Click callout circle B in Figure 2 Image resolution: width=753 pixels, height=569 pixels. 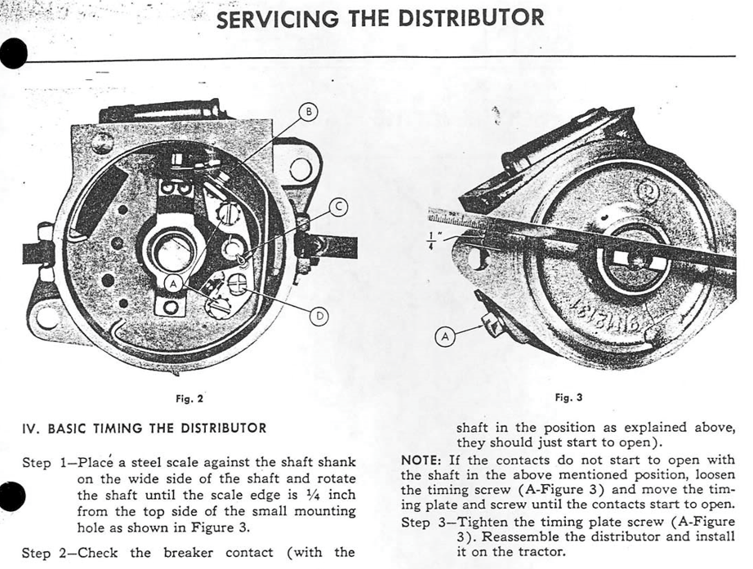[310, 113]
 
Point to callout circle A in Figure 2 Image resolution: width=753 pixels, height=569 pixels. [173, 282]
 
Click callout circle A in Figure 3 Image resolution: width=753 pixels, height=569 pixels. [446, 337]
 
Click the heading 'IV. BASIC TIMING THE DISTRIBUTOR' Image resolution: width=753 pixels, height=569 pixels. [143, 428]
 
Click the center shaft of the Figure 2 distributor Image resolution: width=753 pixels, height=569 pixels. [172, 251]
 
